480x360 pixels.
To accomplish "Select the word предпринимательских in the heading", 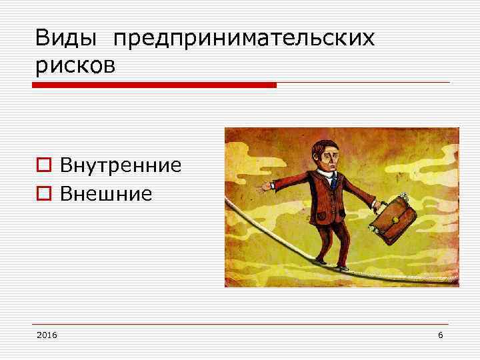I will click(244, 40).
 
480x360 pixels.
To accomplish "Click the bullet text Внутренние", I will click(121, 165).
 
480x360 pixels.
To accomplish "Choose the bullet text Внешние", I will click(106, 194).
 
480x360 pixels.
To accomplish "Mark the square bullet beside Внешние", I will click(43, 195).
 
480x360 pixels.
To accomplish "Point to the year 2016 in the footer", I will click(47, 333).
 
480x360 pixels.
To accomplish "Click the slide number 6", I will click(440, 333).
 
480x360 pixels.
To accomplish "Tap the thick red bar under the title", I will click(153, 85).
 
